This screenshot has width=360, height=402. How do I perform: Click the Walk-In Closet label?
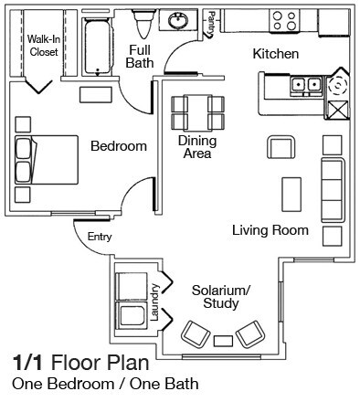(43, 47)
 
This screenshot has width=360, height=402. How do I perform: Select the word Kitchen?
(275, 55)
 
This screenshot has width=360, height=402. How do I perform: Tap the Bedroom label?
(119, 146)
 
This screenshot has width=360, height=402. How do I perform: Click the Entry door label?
(100, 238)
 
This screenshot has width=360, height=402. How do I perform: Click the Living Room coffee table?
(292, 191)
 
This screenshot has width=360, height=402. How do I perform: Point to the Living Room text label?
(270, 230)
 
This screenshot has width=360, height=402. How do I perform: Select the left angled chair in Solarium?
(195, 332)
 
